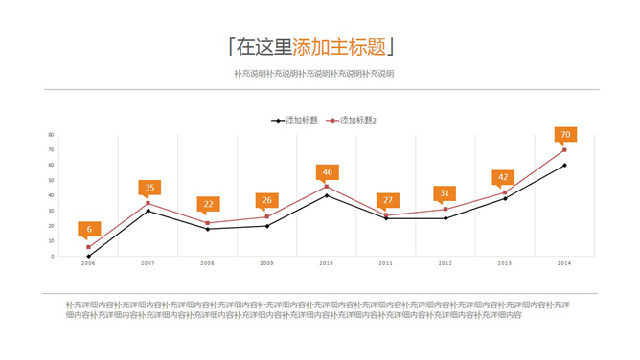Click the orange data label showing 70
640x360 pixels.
click(x=565, y=135)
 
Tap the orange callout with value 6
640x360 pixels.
click(x=89, y=229)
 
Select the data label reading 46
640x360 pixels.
click(x=327, y=172)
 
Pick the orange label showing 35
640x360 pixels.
click(x=149, y=188)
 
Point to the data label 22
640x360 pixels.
click(x=208, y=203)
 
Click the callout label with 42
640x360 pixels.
click(x=505, y=177)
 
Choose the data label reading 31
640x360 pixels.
click(x=445, y=193)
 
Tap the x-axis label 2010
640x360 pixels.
click(x=327, y=262)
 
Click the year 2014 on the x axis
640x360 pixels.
click(x=565, y=262)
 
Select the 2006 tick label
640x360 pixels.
click(x=88, y=262)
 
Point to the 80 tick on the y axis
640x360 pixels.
click(x=50, y=135)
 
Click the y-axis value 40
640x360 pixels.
click(x=50, y=195)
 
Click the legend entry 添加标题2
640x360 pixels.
click(x=354, y=120)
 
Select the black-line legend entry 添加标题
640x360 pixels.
click(x=297, y=120)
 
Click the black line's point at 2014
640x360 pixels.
click(x=565, y=166)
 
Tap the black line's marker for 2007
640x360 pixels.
click(x=149, y=211)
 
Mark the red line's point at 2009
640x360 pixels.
click(x=267, y=216)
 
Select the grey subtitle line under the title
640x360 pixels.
click(x=313, y=74)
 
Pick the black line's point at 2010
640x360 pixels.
click(x=327, y=195)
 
